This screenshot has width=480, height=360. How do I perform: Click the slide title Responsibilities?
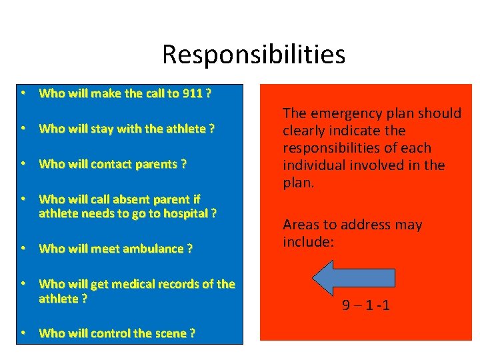point(253,54)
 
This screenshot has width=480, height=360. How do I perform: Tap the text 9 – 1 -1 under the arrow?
point(366,306)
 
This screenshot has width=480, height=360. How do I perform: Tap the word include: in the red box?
point(309,241)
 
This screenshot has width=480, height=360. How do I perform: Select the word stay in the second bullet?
point(101,129)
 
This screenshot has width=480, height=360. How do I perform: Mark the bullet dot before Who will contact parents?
point(23,164)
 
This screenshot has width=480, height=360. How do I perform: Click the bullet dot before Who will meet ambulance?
point(23,249)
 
